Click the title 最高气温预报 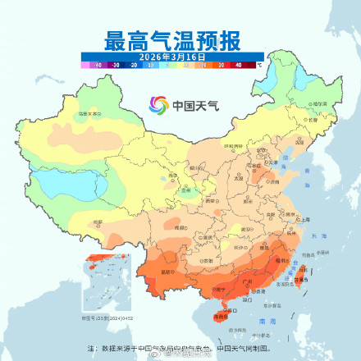tap(180, 39)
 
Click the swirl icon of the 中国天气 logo tap(158, 104)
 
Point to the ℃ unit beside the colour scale tap(259, 62)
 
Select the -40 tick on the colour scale tap(97, 62)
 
